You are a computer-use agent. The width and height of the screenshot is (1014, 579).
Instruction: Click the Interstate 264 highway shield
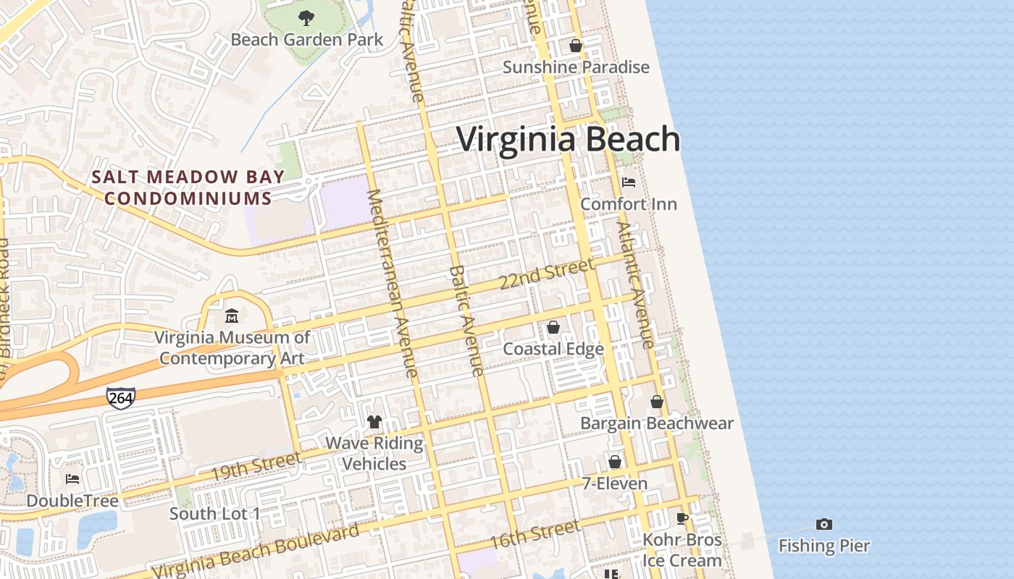pyautogui.click(x=120, y=397)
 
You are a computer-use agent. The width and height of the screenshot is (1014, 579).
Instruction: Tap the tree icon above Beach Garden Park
pyautogui.click(x=306, y=17)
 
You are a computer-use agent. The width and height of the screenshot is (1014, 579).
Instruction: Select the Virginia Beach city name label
pyautogui.click(x=569, y=139)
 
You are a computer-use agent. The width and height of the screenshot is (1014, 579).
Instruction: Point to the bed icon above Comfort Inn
pyautogui.click(x=629, y=182)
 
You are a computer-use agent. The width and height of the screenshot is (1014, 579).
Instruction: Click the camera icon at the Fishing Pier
pyautogui.click(x=824, y=524)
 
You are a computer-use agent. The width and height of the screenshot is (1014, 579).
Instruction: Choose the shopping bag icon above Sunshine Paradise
pyautogui.click(x=576, y=46)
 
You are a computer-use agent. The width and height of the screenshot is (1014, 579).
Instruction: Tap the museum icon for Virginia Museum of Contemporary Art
pyautogui.click(x=232, y=316)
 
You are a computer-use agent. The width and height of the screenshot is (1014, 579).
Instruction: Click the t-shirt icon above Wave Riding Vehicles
pyautogui.click(x=374, y=421)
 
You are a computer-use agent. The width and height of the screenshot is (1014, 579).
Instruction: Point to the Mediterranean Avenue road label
pyautogui.click(x=394, y=283)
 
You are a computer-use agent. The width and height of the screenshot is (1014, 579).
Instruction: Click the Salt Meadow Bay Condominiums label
pyautogui.click(x=189, y=187)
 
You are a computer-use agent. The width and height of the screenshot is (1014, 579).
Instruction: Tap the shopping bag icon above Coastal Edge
pyautogui.click(x=553, y=327)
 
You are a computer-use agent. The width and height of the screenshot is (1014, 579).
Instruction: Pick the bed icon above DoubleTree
pyautogui.click(x=72, y=479)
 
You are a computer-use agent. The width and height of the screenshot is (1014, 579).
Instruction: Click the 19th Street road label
pyautogui.click(x=255, y=466)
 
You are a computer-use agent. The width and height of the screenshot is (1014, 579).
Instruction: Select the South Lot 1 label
pyautogui.click(x=214, y=513)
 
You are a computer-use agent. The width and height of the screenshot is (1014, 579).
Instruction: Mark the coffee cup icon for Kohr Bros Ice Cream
pyautogui.click(x=682, y=517)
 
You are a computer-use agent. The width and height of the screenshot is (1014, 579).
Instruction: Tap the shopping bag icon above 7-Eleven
pyautogui.click(x=615, y=462)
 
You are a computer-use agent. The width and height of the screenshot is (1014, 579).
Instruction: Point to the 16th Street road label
pyautogui.click(x=535, y=535)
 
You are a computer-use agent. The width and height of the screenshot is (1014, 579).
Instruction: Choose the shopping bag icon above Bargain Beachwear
pyautogui.click(x=657, y=402)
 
